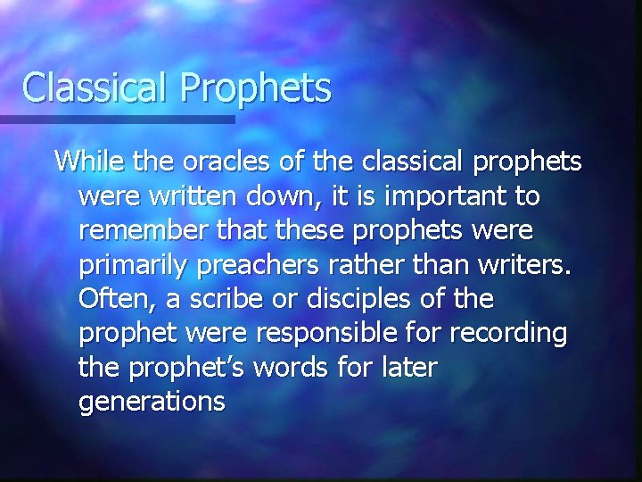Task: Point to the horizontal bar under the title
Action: tap(116, 119)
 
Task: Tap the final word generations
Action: tap(152, 402)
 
